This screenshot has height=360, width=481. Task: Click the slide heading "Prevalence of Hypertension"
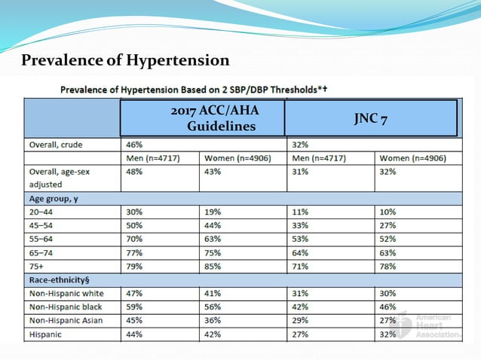click(x=125, y=59)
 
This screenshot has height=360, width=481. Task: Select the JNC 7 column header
click(x=370, y=118)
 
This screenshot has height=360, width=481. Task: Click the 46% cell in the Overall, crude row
click(x=133, y=145)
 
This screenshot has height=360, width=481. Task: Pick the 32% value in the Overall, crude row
click(x=299, y=145)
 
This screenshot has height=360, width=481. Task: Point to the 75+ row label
click(x=38, y=267)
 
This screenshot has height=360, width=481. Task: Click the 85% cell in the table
click(x=213, y=267)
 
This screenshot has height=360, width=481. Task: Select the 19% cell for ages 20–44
click(x=213, y=212)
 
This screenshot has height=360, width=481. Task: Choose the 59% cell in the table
click(x=133, y=307)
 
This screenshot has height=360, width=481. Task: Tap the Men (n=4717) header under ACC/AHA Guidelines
click(x=158, y=158)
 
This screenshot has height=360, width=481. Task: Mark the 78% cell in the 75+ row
click(x=390, y=267)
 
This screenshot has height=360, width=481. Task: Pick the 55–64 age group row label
click(x=42, y=239)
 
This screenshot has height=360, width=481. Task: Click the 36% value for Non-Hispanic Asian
click(x=213, y=321)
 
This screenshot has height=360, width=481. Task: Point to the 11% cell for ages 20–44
click(x=299, y=212)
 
